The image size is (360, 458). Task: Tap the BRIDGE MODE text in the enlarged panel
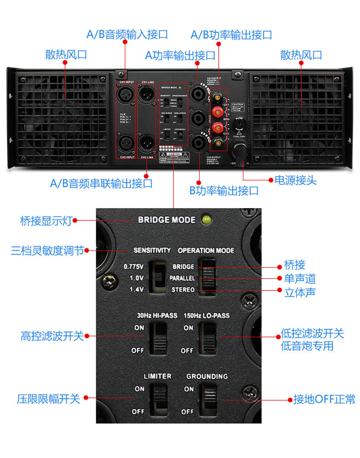[x=167, y=220]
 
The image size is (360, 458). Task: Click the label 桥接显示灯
[x=46, y=221]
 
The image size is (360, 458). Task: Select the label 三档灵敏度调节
[x=47, y=250]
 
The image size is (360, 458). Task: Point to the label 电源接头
[x=295, y=180]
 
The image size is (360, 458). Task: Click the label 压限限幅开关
[x=48, y=399]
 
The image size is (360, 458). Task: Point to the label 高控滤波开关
[x=52, y=336]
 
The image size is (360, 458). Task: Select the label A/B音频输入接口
[x=127, y=34]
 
